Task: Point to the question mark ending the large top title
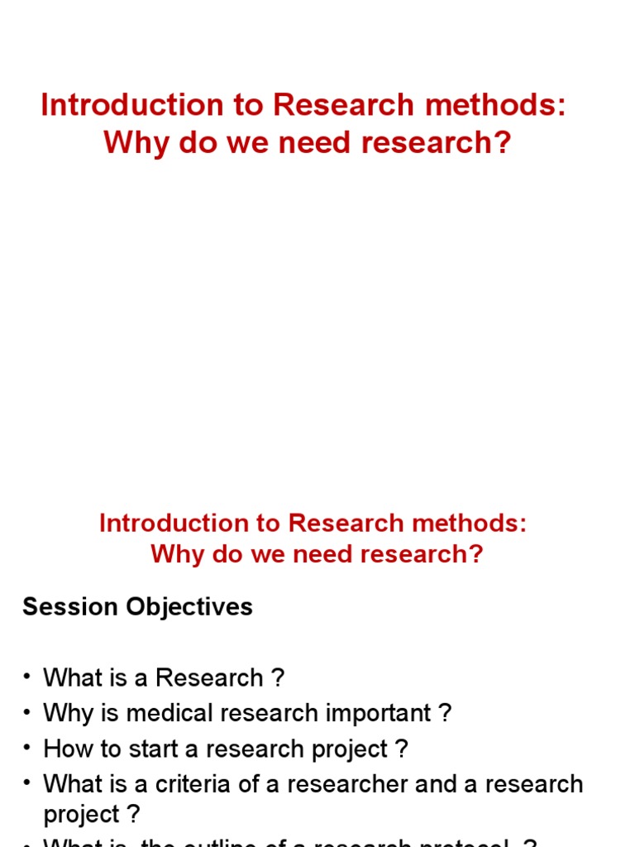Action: (x=503, y=143)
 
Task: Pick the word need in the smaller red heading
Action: (x=307, y=553)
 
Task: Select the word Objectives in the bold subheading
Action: (x=189, y=607)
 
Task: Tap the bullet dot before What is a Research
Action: (x=27, y=677)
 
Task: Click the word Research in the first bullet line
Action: (x=207, y=678)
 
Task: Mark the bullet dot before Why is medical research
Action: (x=27, y=712)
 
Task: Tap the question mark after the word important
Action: (x=446, y=714)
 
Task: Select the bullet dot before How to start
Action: (x=27, y=748)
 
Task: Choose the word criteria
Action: (x=186, y=784)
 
